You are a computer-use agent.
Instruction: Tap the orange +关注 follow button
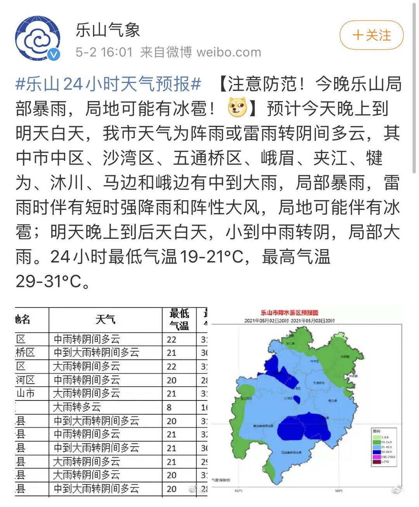(x=371, y=36)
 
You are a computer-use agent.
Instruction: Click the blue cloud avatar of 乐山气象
(x=38, y=38)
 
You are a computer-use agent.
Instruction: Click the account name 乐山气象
(x=108, y=30)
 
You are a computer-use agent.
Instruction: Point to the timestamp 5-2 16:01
(x=104, y=52)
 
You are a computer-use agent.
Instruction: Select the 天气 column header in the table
(x=105, y=320)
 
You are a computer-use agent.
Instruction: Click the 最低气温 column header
(x=179, y=320)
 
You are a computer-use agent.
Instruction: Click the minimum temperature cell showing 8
(x=169, y=407)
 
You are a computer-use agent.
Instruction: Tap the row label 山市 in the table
(x=26, y=394)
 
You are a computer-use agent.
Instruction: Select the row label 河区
(x=26, y=380)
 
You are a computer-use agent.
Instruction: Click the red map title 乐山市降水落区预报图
(x=289, y=313)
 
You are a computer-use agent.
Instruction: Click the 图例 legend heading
(x=376, y=431)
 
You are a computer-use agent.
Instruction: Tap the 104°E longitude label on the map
(x=338, y=491)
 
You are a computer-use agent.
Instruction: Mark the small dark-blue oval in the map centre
(x=297, y=399)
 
